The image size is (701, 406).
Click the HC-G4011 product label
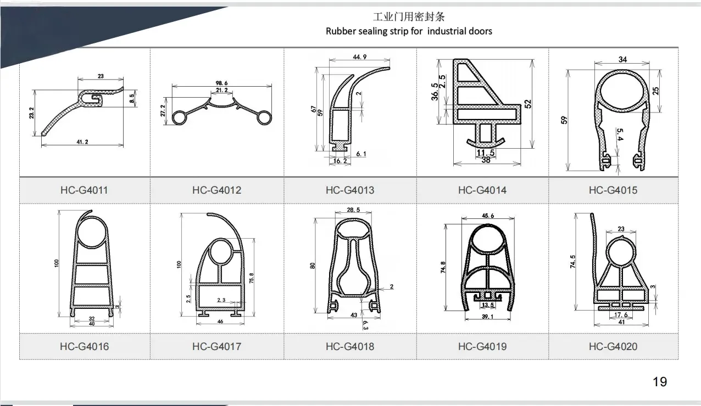pos(84,190)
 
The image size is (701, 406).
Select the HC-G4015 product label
pos(613,190)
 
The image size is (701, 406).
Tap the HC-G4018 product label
pos(349,346)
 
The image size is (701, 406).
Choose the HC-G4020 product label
pos(613,346)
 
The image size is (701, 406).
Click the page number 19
pos(659,382)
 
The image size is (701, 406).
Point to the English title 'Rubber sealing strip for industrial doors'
pos(409,31)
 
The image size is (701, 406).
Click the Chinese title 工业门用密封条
pos(409,17)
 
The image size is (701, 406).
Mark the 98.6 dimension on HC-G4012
pos(221,83)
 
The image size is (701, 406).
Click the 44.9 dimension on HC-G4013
pos(359,57)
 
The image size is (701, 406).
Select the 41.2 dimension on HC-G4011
pos(82,142)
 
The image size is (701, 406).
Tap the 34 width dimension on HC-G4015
pos(622,59)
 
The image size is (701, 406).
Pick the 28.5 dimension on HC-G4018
pos(354,210)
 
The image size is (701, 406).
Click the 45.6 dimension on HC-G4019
pos(487,216)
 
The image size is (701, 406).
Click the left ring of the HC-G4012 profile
pos(180,117)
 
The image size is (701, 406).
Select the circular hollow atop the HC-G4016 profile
pos(92,231)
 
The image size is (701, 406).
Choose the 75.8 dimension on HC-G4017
pos(251,278)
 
